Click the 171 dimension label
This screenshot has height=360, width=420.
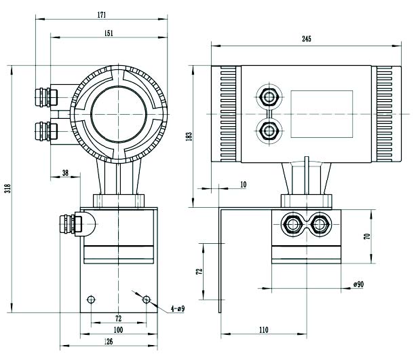tap(102, 15)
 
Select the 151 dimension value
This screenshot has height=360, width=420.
tap(109, 33)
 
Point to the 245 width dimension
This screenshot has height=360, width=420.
tap(307, 39)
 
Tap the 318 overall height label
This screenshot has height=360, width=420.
tap(7, 188)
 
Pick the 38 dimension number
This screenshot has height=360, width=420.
tap(65, 173)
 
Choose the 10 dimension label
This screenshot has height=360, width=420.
tap(244, 185)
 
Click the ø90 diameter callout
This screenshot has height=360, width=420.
tap(358, 284)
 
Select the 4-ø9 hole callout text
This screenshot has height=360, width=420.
tap(178, 309)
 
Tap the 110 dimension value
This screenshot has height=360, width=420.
tap(263, 329)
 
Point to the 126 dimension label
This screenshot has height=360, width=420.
tap(108, 342)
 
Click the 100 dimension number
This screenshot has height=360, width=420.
tap(118, 329)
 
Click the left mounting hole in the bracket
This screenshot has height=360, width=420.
tap(91, 300)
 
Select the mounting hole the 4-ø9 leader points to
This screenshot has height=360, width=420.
tap(147, 300)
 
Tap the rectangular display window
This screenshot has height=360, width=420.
tap(322, 114)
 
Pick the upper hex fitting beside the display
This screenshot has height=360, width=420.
tap(269, 96)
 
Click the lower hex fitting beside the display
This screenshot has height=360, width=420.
tap(269, 131)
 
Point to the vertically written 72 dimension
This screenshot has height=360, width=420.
tap(199, 271)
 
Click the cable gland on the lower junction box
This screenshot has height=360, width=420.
tap(71, 224)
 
